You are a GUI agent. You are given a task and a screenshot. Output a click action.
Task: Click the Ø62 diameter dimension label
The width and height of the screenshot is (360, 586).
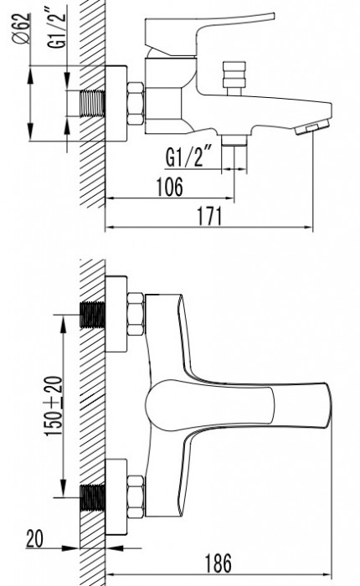point(22,28)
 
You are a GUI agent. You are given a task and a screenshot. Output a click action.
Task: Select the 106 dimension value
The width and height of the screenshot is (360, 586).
point(170,187)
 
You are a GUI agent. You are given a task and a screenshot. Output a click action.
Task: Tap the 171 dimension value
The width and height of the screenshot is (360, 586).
point(209,216)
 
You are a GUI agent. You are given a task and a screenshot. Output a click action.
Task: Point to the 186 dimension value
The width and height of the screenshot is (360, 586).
point(219,563)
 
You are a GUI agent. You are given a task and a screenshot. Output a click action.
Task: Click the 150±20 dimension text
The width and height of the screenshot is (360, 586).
point(54,406)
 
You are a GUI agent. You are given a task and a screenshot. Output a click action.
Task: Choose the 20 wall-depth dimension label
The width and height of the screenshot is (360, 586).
point(35,538)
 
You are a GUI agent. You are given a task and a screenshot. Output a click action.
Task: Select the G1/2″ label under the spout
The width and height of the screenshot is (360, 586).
point(188,157)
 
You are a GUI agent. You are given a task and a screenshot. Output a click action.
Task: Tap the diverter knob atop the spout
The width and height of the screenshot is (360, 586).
point(234,78)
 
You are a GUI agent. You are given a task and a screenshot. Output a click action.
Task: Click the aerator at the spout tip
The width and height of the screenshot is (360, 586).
point(312,127)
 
